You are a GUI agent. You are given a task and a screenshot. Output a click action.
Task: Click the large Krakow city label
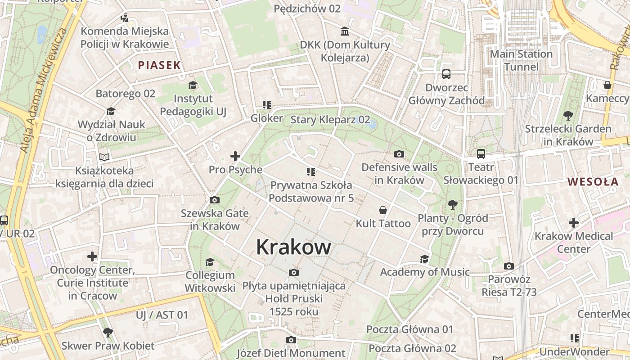coord(293,247)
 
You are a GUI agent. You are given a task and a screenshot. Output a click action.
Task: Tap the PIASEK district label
coord(159,65)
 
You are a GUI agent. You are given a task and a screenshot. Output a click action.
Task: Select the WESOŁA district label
coord(593,182)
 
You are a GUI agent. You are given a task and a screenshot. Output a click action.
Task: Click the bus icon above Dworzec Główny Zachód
coord(446,74)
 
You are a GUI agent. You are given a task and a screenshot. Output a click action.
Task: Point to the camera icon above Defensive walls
coord(399,154)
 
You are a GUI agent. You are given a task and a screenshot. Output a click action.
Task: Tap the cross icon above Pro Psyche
coord(235,156)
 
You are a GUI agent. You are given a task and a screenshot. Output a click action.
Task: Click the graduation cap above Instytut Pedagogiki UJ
coord(193,85)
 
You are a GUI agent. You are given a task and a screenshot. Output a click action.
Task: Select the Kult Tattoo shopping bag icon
coord(383,210)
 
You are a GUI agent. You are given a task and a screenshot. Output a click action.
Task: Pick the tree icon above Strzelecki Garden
coord(568,116)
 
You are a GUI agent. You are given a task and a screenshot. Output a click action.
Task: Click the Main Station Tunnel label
coord(521,60)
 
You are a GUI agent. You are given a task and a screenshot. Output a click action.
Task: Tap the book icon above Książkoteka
coord(104,157)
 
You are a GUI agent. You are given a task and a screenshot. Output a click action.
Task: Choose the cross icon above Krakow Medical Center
coord(573,223)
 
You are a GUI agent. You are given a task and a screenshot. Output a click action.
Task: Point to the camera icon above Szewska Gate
coord(215,200)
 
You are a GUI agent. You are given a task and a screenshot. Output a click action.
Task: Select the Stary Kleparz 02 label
coord(330,120)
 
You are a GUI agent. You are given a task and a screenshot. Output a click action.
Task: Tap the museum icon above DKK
coord(345,31)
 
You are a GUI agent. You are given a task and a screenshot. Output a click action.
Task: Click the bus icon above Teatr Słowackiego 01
coord(481,154)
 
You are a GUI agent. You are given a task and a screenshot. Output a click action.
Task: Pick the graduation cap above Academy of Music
coord(424,259)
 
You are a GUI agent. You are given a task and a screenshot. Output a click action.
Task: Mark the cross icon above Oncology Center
coord(92,256)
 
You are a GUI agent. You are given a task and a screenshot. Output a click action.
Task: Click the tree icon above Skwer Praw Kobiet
coord(108,333)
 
